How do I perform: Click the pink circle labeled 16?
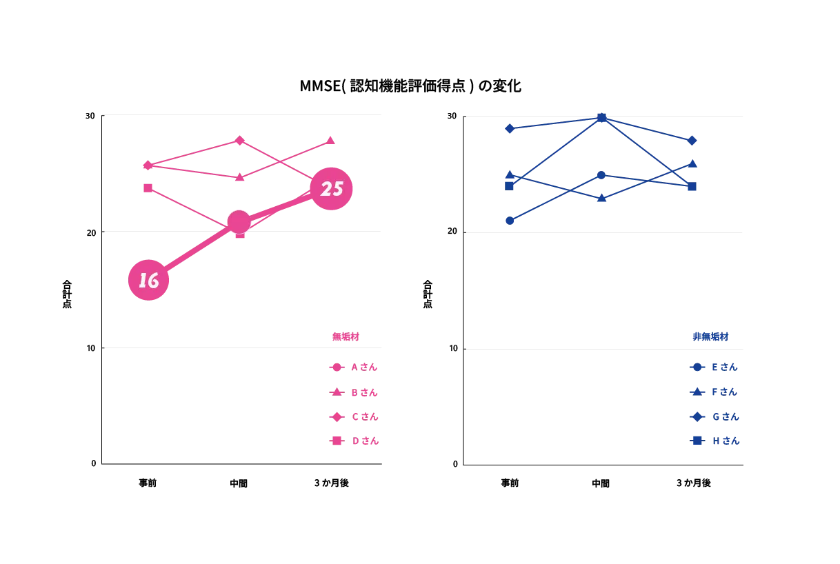coord(148,280)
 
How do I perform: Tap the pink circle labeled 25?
coord(331,188)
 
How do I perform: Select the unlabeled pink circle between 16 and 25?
coord(239,222)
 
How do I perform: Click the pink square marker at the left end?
coord(148,187)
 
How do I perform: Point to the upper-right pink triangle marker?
coord(330,140)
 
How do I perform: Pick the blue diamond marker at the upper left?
coord(509,128)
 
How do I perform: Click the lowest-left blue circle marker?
coord(509,221)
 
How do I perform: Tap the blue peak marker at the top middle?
coord(601,116)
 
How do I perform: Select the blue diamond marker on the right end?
coord(692,141)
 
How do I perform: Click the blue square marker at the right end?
coord(692,187)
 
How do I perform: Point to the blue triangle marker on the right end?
coord(693,164)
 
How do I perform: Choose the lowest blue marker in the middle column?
coord(601,199)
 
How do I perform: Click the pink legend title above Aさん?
coord(346,337)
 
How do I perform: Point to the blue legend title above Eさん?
coord(710,337)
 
